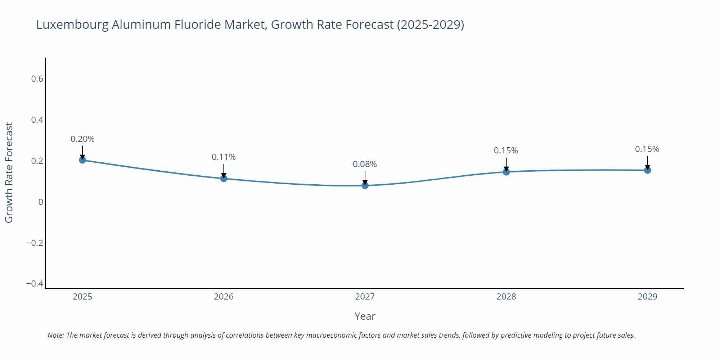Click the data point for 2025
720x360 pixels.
(82, 160)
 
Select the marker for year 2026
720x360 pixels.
(224, 178)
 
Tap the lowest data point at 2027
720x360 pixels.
(365, 185)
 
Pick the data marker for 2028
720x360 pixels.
(506, 172)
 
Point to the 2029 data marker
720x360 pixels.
(647, 170)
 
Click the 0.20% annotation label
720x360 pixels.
(82, 139)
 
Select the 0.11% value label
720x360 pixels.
(224, 157)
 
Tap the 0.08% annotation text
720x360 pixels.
(365, 164)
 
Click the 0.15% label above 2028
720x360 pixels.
(506, 150)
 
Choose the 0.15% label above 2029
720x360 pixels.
(647, 149)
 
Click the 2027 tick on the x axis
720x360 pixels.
(365, 297)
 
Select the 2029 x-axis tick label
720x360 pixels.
(647, 297)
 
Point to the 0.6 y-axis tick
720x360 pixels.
(37, 79)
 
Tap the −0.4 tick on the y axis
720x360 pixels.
(35, 284)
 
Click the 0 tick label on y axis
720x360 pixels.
(41, 202)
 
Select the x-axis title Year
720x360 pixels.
(365, 316)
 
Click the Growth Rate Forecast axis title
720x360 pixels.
(9, 172)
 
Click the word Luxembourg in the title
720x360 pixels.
(73, 25)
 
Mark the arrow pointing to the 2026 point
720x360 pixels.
(224, 170)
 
